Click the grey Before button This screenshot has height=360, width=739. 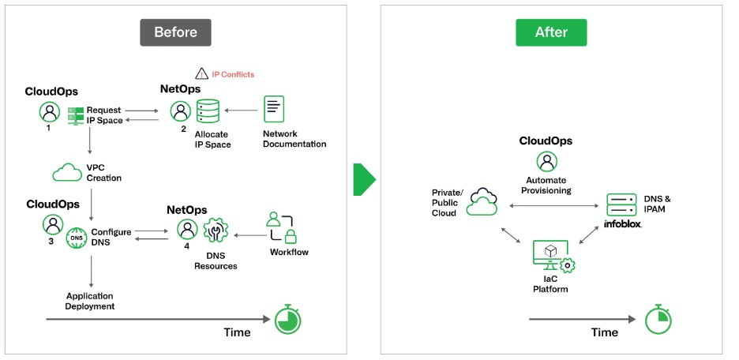175,32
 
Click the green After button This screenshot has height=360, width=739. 552,32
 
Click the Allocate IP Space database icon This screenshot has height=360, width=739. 209,112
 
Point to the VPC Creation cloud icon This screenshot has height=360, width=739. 66,172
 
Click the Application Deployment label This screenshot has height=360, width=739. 90,300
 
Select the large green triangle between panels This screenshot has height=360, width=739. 364,180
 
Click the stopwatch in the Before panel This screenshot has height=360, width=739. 287,319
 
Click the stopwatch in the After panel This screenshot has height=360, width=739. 657,319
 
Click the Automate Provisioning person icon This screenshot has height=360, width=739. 546,162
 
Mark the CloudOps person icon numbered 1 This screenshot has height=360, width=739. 49,112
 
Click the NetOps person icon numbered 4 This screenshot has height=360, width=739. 187,230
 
